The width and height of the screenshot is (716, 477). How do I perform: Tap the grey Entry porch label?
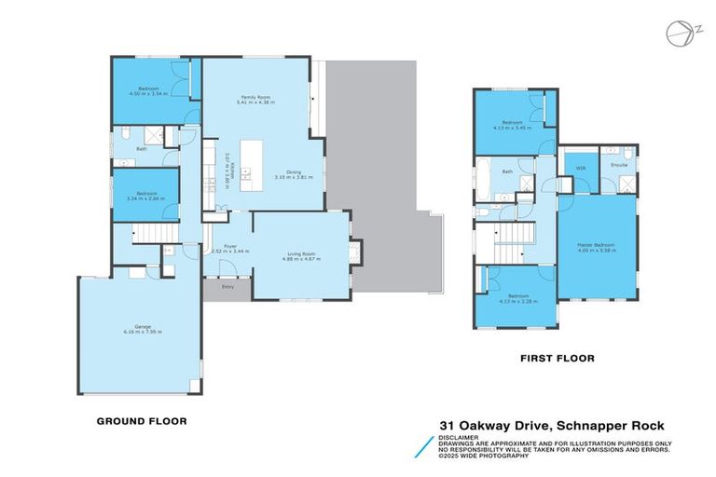click(227, 288)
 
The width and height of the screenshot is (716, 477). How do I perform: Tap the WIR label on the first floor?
click(580, 168)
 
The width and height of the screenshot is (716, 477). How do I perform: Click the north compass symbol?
click(679, 33)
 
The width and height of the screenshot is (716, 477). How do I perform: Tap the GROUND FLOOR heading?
click(142, 421)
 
